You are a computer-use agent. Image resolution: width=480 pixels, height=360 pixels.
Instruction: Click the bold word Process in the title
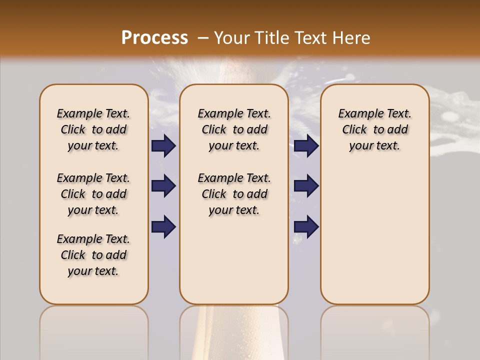click(x=154, y=38)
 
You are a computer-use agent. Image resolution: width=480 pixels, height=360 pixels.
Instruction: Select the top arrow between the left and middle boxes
click(x=163, y=146)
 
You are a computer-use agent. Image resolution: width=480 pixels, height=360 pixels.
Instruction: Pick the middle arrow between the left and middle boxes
click(x=163, y=186)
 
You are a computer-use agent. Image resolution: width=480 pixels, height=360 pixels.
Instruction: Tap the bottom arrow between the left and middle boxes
click(x=163, y=227)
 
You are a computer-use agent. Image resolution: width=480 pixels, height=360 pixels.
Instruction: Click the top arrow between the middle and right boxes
click(x=306, y=146)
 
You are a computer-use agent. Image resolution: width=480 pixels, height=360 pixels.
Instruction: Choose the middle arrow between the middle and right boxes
click(x=306, y=186)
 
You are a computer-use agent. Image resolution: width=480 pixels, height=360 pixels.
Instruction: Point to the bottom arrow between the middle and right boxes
click(x=306, y=227)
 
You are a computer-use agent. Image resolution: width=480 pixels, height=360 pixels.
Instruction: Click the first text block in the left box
click(x=93, y=129)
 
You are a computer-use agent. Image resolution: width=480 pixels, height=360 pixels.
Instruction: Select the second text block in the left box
click(x=93, y=194)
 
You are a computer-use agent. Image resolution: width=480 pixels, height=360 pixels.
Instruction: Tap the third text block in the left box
click(x=93, y=255)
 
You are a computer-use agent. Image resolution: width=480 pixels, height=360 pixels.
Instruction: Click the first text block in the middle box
click(x=234, y=129)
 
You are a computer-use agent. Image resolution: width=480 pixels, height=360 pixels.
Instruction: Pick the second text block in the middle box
click(x=234, y=194)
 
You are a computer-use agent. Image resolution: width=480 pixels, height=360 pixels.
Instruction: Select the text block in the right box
click(x=374, y=129)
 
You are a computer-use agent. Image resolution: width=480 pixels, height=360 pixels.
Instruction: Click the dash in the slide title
click(x=203, y=38)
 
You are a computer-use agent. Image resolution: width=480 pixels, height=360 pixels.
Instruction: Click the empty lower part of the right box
click(x=374, y=240)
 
